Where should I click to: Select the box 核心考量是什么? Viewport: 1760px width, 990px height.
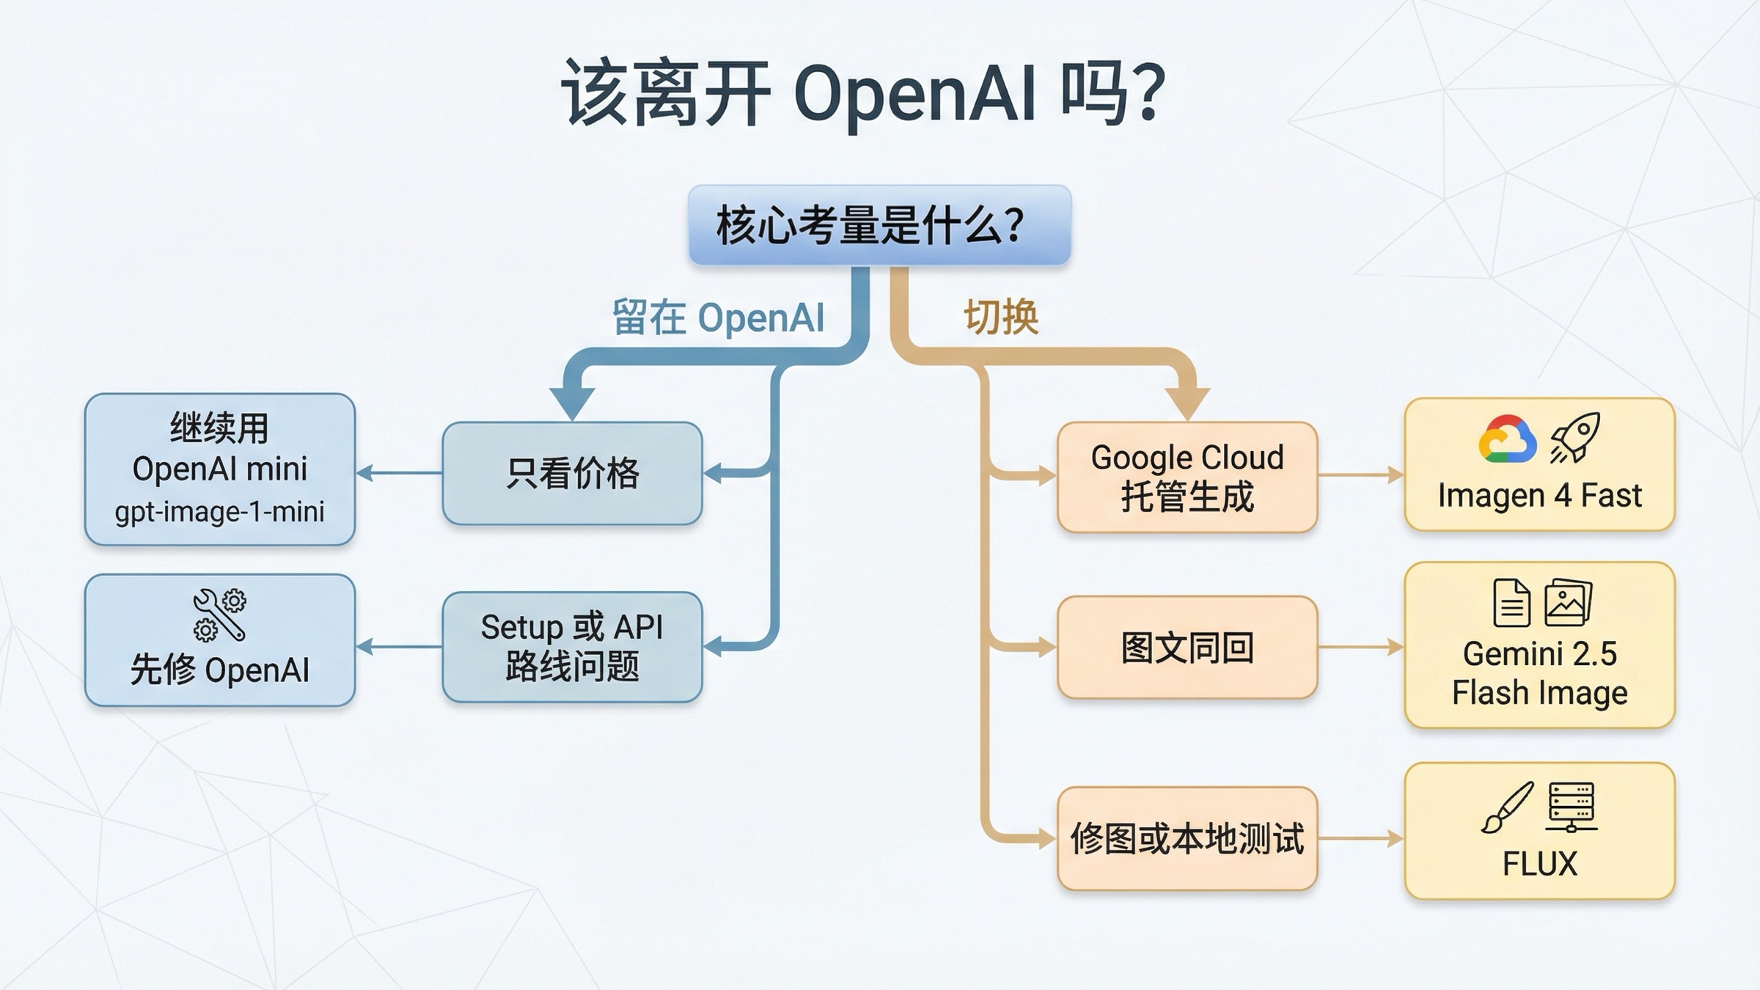(x=879, y=225)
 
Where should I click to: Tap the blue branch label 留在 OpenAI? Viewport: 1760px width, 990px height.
(x=718, y=318)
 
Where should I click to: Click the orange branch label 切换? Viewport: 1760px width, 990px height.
(x=1001, y=318)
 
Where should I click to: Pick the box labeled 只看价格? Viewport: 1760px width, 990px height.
(x=572, y=473)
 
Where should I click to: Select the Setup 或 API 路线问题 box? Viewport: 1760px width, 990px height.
(x=572, y=647)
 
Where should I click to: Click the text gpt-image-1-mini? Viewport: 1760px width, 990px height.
(x=219, y=512)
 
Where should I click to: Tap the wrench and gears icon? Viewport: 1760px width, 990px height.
(x=219, y=614)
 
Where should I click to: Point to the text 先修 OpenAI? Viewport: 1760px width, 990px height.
(x=219, y=670)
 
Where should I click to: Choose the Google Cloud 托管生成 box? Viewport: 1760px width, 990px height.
(x=1187, y=477)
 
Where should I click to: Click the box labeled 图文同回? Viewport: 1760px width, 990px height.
(x=1187, y=648)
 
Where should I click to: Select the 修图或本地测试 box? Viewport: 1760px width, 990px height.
(x=1187, y=838)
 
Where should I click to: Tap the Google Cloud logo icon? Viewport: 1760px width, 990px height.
(x=1507, y=439)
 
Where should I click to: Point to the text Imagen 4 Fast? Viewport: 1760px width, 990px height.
(x=1539, y=496)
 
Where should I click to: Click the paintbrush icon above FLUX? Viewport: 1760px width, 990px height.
(x=1507, y=807)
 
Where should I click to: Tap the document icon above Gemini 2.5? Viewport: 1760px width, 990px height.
(x=1511, y=603)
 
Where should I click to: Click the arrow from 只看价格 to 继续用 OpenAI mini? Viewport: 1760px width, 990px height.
(x=399, y=473)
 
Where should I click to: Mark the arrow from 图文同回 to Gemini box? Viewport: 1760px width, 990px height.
(x=1360, y=648)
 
